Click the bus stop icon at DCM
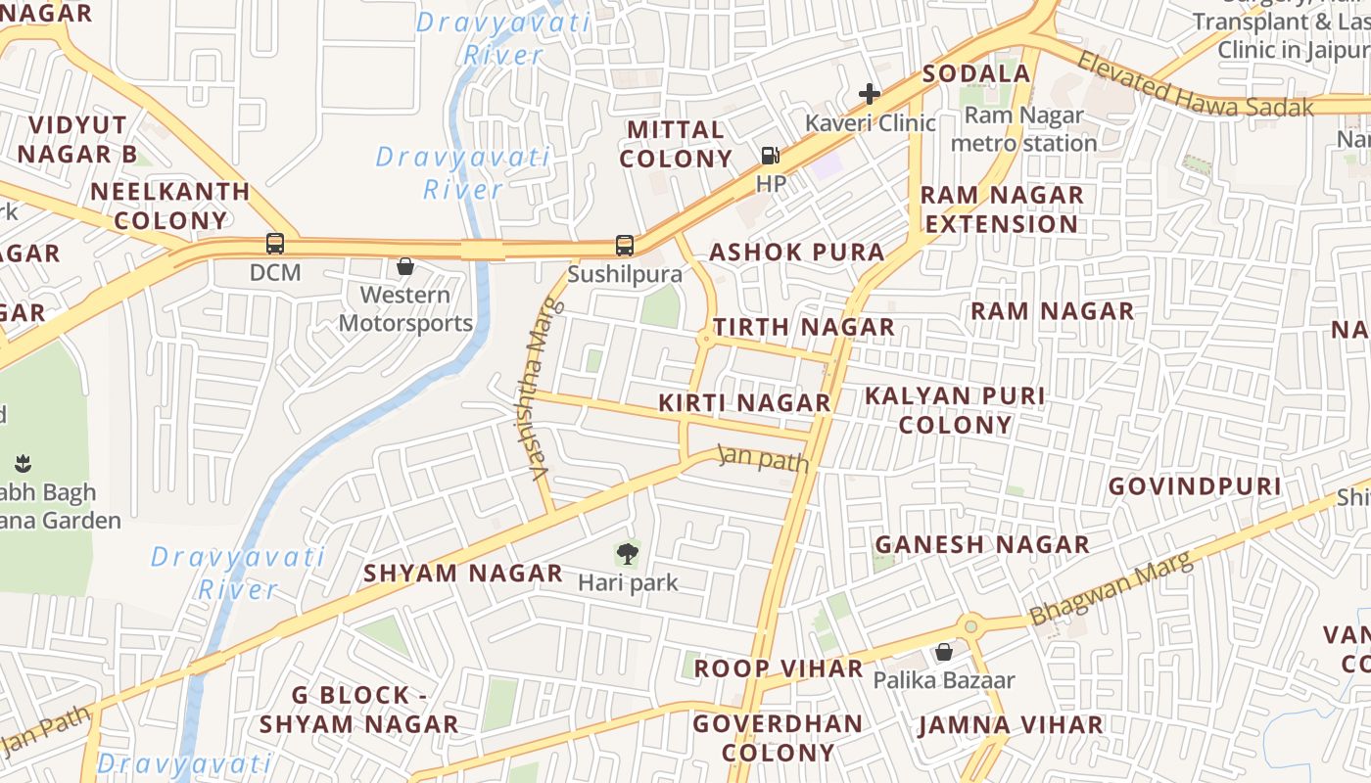(275, 244)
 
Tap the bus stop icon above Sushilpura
(625, 246)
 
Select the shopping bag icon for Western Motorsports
(404, 266)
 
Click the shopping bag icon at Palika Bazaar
(944, 652)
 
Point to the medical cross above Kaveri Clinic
(869, 94)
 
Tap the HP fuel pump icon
(771, 155)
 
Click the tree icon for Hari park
(628, 555)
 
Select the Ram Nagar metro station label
(1024, 129)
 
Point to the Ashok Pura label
(796, 252)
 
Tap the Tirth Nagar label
(803, 327)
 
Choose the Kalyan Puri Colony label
(955, 410)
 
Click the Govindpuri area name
(1195, 486)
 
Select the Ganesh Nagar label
(982, 544)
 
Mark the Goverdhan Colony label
(779, 738)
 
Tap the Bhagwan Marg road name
(1112, 589)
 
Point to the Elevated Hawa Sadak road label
(1195, 85)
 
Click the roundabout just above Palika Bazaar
(970, 625)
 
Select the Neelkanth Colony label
(171, 206)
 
